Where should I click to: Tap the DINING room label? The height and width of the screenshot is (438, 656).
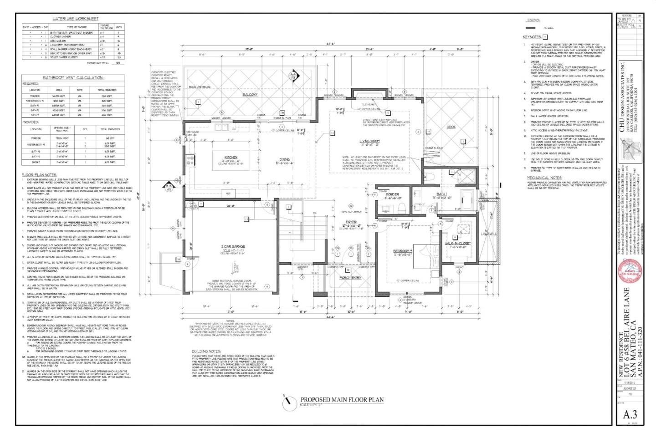[x=284, y=159]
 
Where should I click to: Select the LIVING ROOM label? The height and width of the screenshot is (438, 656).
[x=369, y=141]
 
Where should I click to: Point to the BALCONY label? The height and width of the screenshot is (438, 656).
[x=250, y=95]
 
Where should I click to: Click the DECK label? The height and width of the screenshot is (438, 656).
[x=451, y=127]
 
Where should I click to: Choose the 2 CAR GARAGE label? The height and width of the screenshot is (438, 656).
[x=231, y=246]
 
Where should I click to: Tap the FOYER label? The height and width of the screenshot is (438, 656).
[x=351, y=222]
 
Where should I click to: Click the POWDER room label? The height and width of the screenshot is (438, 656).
[x=392, y=194]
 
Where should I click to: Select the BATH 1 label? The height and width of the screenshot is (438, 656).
[x=441, y=194]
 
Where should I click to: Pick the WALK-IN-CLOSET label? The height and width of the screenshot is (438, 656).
[x=458, y=244]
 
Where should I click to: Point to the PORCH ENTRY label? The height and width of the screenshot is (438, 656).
[x=350, y=277]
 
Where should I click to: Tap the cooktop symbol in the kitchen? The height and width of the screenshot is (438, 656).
[x=190, y=160]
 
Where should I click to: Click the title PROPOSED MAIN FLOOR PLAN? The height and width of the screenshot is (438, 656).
[x=342, y=400]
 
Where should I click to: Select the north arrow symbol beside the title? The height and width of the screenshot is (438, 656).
[x=287, y=402]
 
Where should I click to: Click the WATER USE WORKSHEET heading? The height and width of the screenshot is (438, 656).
[x=75, y=19]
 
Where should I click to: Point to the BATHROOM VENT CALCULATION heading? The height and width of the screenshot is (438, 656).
[x=73, y=77]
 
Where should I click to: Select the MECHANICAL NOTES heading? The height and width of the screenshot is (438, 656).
[x=544, y=178]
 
